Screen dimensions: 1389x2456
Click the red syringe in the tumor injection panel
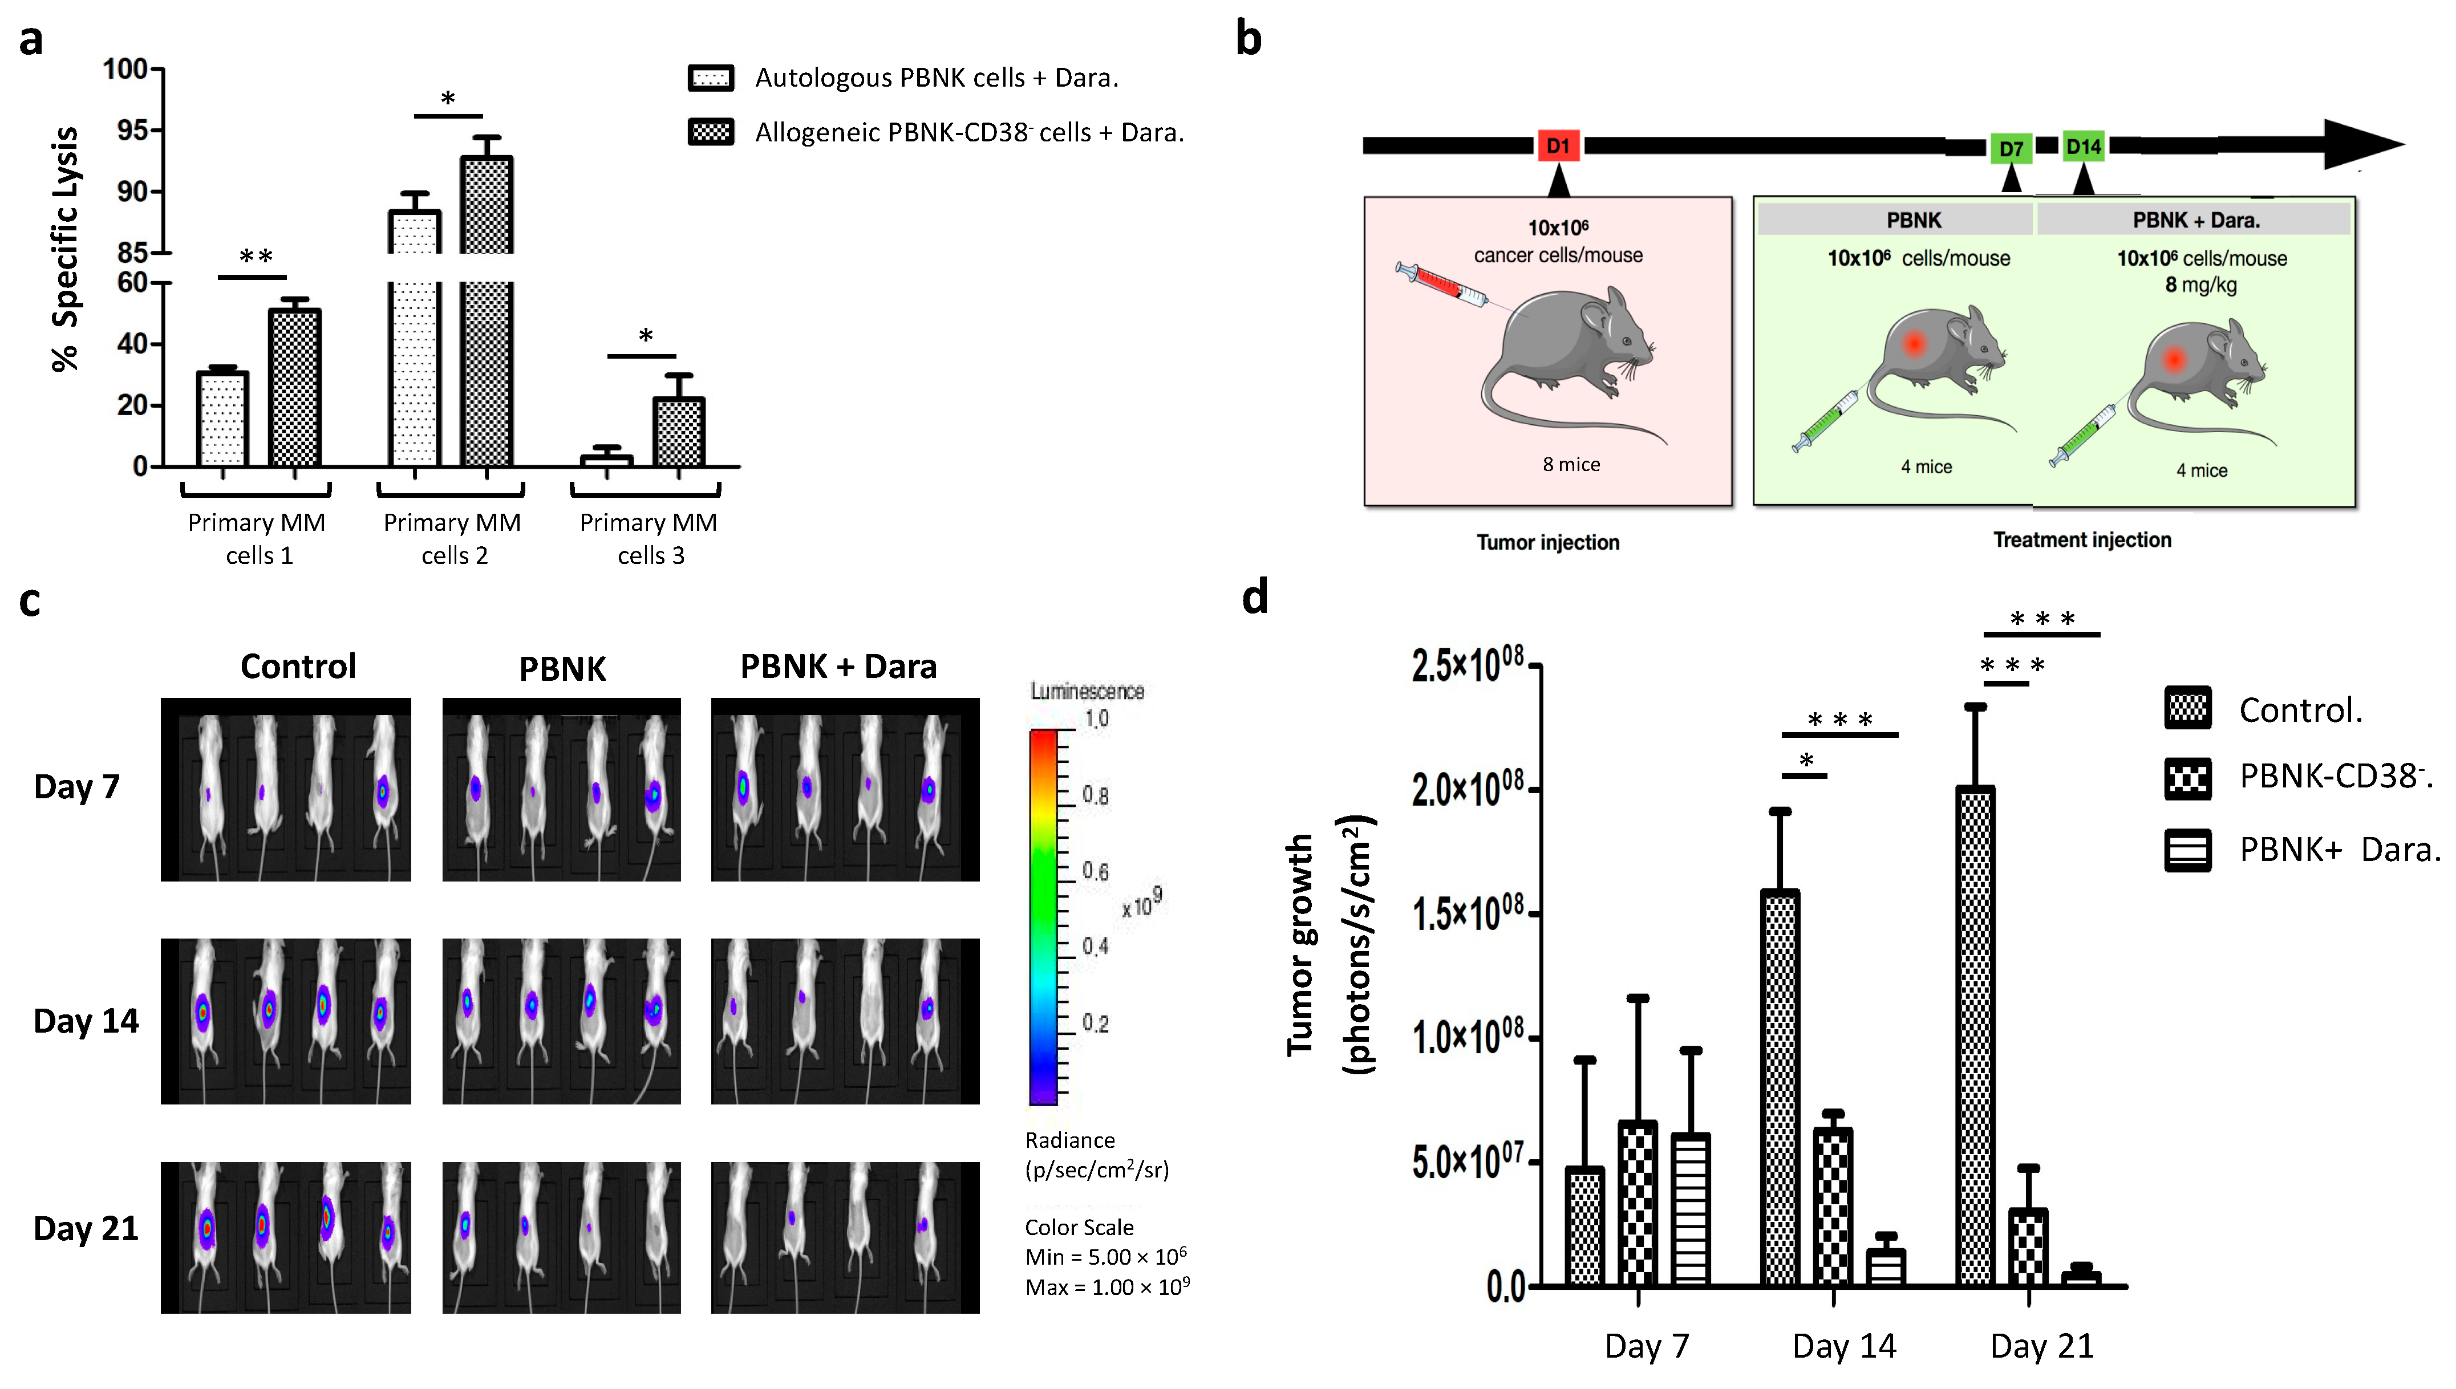[1441, 285]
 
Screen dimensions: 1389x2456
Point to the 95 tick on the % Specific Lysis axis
[133, 130]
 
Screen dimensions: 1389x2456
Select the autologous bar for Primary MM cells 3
[606, 461]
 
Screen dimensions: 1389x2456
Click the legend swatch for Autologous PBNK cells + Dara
[711, 78]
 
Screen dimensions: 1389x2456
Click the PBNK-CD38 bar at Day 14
[1832, 1207]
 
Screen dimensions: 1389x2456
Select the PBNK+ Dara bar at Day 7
[1690, 1209]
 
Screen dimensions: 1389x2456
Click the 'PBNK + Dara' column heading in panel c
[838, 666]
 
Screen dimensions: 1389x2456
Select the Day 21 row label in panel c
[86, 1229]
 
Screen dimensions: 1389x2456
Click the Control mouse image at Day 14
[285, 1021]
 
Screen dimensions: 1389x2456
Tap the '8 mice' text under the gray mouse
[1571, 465]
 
